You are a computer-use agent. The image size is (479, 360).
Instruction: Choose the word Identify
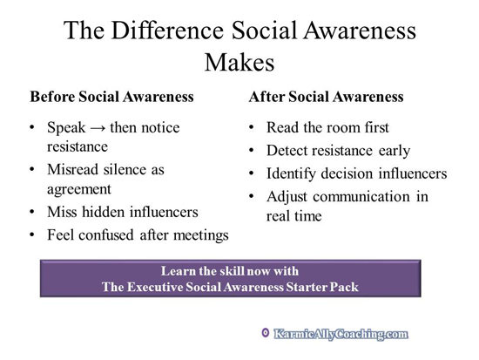pos(294,173)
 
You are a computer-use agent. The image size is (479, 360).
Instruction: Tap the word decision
pos(353,173)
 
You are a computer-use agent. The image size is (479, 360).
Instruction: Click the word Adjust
pos(292,196)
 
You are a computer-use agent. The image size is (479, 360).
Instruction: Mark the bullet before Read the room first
pos(253,128)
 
